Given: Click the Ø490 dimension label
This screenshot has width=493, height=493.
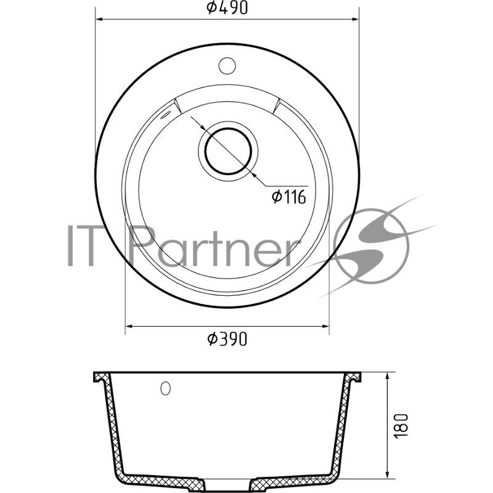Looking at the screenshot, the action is pyautogui.click(x=227, y=7).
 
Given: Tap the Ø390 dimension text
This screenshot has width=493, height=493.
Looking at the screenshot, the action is pyautogui.click(x=227, y=339).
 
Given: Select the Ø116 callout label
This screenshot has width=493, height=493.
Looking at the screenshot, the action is pyautogui.click(x=288, y=197).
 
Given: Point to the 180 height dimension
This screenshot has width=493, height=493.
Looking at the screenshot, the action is pyautogui.click(x=402, y=426).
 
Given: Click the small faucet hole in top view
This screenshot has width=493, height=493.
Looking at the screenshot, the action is pyautogui.click(x=227, y=65).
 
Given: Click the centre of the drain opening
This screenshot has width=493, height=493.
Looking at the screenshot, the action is pyautogui.click(x=228, y=151).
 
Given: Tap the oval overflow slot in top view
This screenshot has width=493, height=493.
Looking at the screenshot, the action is pyautogui.click(x=165, y=115).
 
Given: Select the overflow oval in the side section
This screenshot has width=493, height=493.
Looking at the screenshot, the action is pyautogui.click(x=165, y=388).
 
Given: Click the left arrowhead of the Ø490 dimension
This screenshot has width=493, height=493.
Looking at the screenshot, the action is pyautogui.click(x=99, y=19).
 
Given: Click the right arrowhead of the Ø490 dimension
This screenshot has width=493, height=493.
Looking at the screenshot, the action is pyautogui.click(x=356, y=19).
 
